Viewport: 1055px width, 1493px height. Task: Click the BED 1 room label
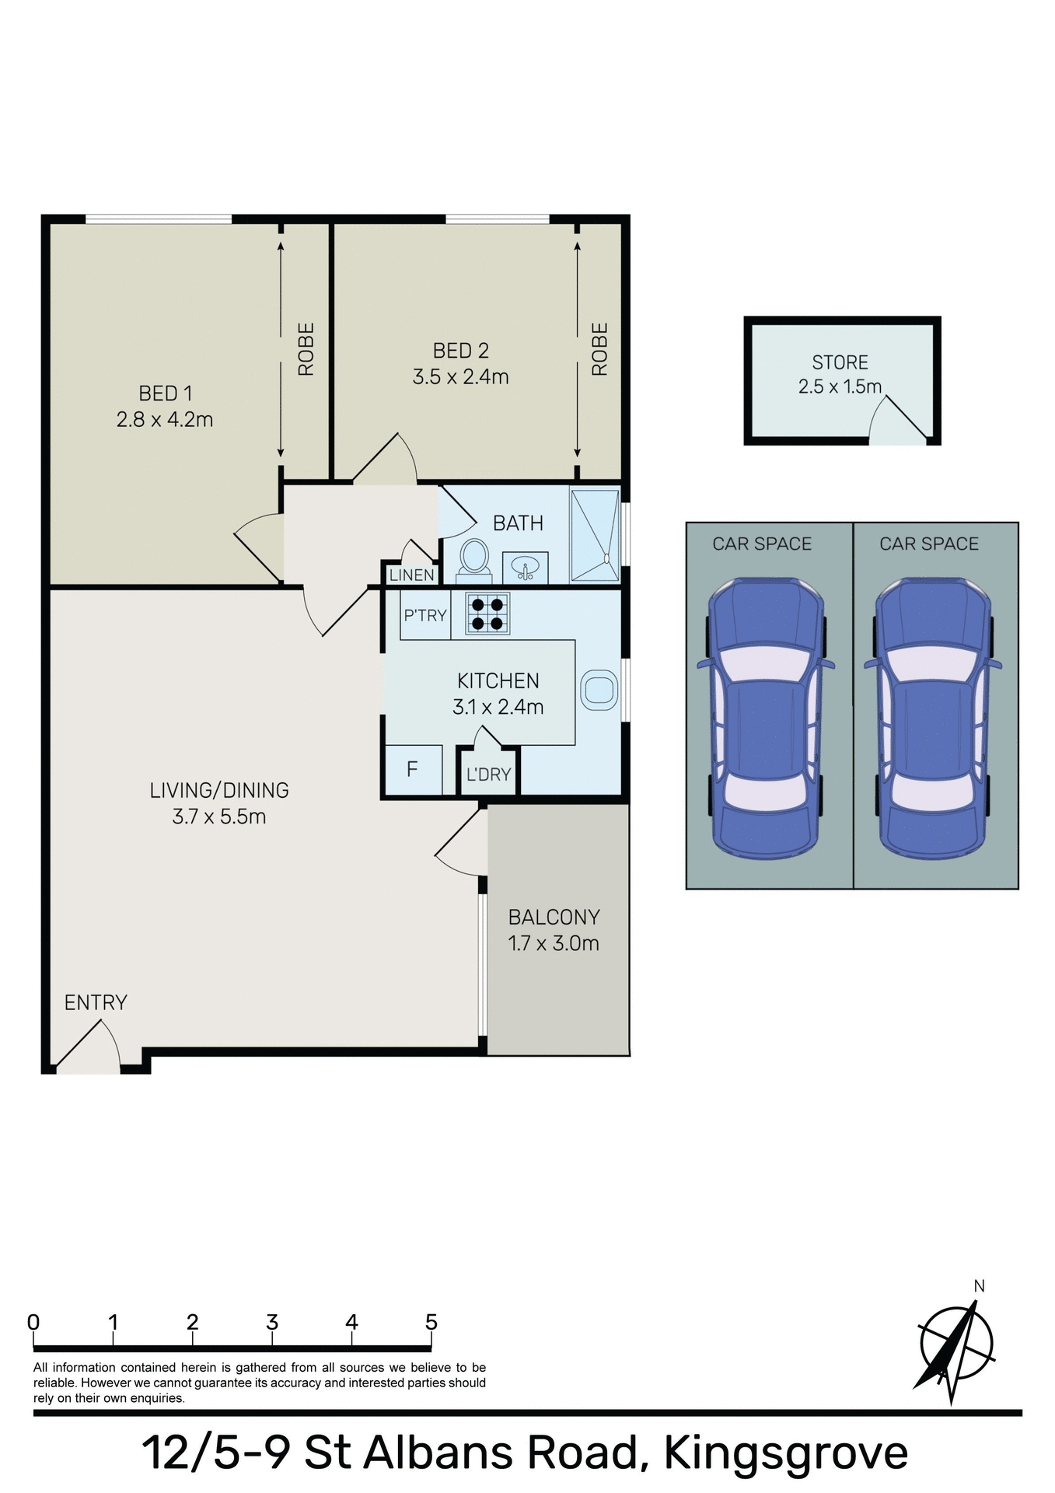point(165,393)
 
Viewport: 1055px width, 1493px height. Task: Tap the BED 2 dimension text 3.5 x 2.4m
point(460,377)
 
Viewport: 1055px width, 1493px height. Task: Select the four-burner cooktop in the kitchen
point(488,613)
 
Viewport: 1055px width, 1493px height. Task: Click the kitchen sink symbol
point(599,690)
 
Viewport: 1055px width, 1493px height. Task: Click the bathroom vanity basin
point(526,568)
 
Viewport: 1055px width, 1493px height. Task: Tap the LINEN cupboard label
point(411,575)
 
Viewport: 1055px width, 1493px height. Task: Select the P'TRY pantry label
point(424,615)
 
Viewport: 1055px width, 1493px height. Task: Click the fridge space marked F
point(412,769)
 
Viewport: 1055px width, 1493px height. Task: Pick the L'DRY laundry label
point(488,774)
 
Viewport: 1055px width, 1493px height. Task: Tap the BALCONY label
point(554,917)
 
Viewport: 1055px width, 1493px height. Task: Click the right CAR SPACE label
point(928,544)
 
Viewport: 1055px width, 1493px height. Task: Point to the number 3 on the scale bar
point(272,1322)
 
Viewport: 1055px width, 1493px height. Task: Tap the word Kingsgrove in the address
point(785,1453)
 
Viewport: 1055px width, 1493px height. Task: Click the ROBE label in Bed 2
point(599,349)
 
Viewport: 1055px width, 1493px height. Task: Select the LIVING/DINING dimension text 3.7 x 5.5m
point(219,816)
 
